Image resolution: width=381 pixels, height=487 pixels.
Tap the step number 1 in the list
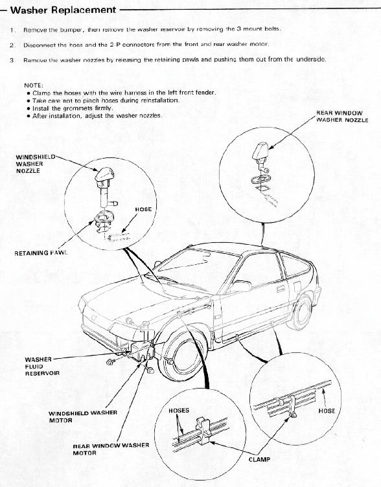tap(12, 30)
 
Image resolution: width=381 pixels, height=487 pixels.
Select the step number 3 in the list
tap(12, 59)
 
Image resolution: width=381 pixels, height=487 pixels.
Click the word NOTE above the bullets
tap(33, 85)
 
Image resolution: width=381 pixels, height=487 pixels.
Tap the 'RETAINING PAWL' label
tap(41, 253)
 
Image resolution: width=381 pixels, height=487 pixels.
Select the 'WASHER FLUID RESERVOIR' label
tap(42, 366)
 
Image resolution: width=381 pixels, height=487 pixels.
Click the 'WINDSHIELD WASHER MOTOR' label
tap(82, 416)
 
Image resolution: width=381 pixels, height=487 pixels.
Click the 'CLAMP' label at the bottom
tap(259, 460)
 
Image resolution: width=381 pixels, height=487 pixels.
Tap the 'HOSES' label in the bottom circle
tap(178, 411)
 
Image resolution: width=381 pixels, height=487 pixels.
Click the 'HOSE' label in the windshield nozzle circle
tap(143, 210)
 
